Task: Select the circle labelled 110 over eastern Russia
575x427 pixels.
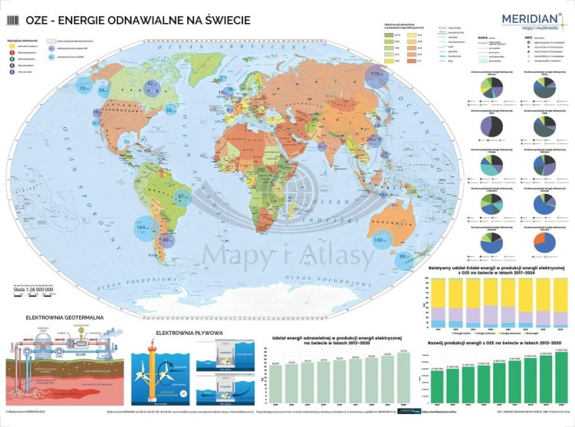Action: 376,75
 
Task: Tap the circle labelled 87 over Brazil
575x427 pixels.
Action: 182,197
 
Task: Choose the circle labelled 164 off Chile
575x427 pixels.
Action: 143,228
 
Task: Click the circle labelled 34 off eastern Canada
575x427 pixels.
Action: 170,110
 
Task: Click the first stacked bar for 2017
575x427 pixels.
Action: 438,301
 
